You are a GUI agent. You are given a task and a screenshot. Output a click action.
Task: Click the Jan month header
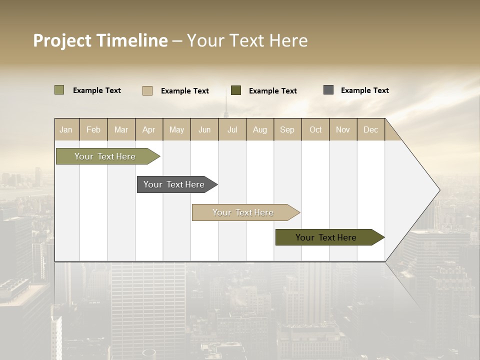(x=66, y=129)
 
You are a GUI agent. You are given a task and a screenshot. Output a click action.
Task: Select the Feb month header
(x=93, y=129)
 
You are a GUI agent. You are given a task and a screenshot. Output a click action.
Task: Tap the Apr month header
(x=149, y=129)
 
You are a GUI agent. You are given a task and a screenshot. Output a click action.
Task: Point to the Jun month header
(x=204, y=129)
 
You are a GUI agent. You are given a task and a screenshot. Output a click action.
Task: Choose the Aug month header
(x=260, y=129)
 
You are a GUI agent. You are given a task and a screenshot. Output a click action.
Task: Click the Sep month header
(x=287, y=129)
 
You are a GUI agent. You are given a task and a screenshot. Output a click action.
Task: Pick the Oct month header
(x=315, y=129)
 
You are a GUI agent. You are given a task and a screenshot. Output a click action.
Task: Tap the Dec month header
(x=371, y=129)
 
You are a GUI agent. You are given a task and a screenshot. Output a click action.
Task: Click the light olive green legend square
(x=59, y=90)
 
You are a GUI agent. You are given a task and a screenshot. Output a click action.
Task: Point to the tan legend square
(x=147, y=90)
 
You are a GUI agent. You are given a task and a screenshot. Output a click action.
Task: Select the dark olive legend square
(x=236, y=90)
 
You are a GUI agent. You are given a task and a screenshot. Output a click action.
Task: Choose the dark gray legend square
(x=328, y=90)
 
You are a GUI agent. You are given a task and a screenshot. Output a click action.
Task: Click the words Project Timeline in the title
(x=100, y=40)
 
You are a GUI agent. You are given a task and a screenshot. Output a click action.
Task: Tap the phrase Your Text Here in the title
(x=247, y=40)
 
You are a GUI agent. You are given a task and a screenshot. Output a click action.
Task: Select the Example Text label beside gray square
(x=364, y=90)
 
